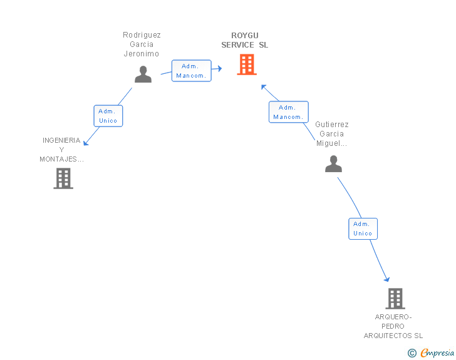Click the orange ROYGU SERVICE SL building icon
coord(247,64)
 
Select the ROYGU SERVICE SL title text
coord(244,40)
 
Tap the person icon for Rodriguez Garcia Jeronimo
coord(143,75)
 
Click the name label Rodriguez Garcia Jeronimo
coord(142,44)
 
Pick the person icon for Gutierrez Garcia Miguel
coord(334,164)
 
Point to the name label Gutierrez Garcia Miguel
coord(332,134)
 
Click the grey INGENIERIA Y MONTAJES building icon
coord(63,178)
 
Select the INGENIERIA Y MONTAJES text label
coord(61,150)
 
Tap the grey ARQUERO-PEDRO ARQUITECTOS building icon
coord(395,299)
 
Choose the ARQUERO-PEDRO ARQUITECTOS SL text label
coord(393,326)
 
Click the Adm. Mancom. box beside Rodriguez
coord(191,71)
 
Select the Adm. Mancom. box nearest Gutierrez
coord(289,112)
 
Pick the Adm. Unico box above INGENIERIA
coord(108,116)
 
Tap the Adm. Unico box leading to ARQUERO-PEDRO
coord(363,229)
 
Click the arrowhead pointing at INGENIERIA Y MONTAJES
coord(86,143)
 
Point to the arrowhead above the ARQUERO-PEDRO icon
coord(387,279)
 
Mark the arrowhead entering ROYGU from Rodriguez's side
coord(219,68)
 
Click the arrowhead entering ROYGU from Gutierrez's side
coord(264,87)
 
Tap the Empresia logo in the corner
coord(437,353)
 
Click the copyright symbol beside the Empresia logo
coord(412,353)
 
